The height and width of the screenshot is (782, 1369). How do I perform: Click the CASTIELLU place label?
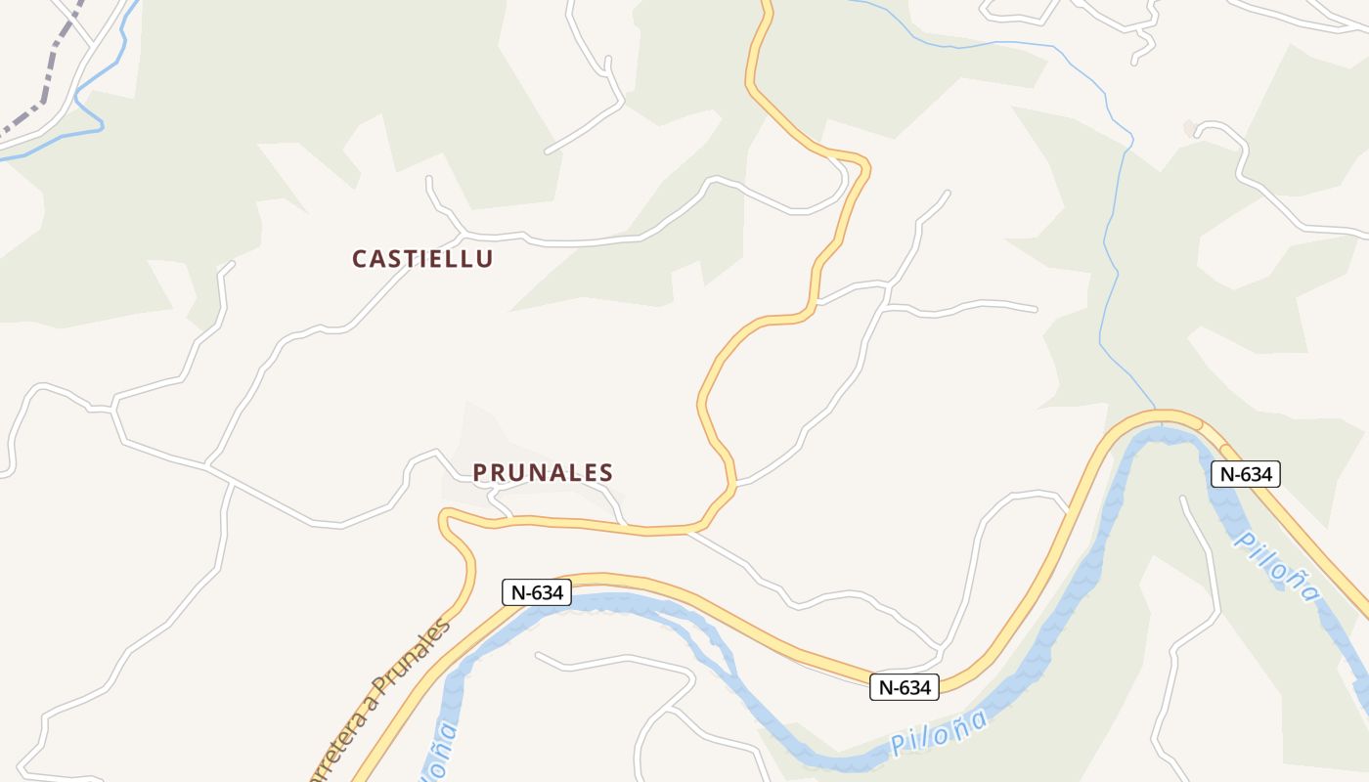point(422,259)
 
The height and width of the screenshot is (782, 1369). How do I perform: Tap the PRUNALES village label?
point(543,473)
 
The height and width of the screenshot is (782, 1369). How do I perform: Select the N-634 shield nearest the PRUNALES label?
point(537,592)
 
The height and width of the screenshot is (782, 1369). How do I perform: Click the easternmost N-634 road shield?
point(1246,474)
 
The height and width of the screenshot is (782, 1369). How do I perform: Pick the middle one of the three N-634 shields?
point(905,687)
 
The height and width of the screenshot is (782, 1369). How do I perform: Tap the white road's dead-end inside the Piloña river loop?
point(1182,499)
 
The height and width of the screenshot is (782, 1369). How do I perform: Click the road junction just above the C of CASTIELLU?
point(462,236)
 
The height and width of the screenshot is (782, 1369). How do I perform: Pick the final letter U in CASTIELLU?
point(484,259)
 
